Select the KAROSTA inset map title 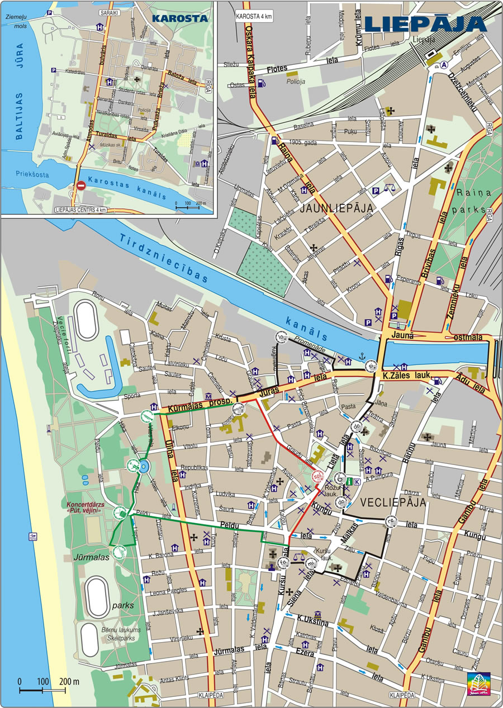(179, 18)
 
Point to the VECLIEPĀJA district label (393, 502)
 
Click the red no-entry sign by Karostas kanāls (81, 186)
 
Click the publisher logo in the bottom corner (477, 686)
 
